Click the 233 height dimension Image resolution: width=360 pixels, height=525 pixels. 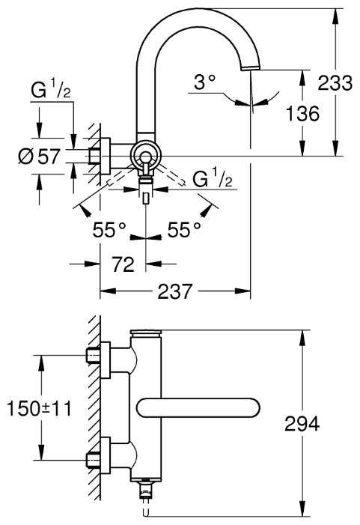[335, 82]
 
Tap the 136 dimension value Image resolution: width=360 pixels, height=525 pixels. [302, 114]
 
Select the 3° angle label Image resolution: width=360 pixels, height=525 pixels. [205, 82]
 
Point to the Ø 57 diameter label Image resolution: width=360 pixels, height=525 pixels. [39, 157]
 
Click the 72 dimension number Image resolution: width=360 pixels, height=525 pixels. [123, 264]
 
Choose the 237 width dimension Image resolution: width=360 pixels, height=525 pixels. [175, 291]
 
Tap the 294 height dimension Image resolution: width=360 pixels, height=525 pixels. [302, 424]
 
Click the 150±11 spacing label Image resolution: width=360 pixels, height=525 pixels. [40, 408]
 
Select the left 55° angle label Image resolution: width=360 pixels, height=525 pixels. [109, 230]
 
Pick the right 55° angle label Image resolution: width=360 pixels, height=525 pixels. [184, 230]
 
